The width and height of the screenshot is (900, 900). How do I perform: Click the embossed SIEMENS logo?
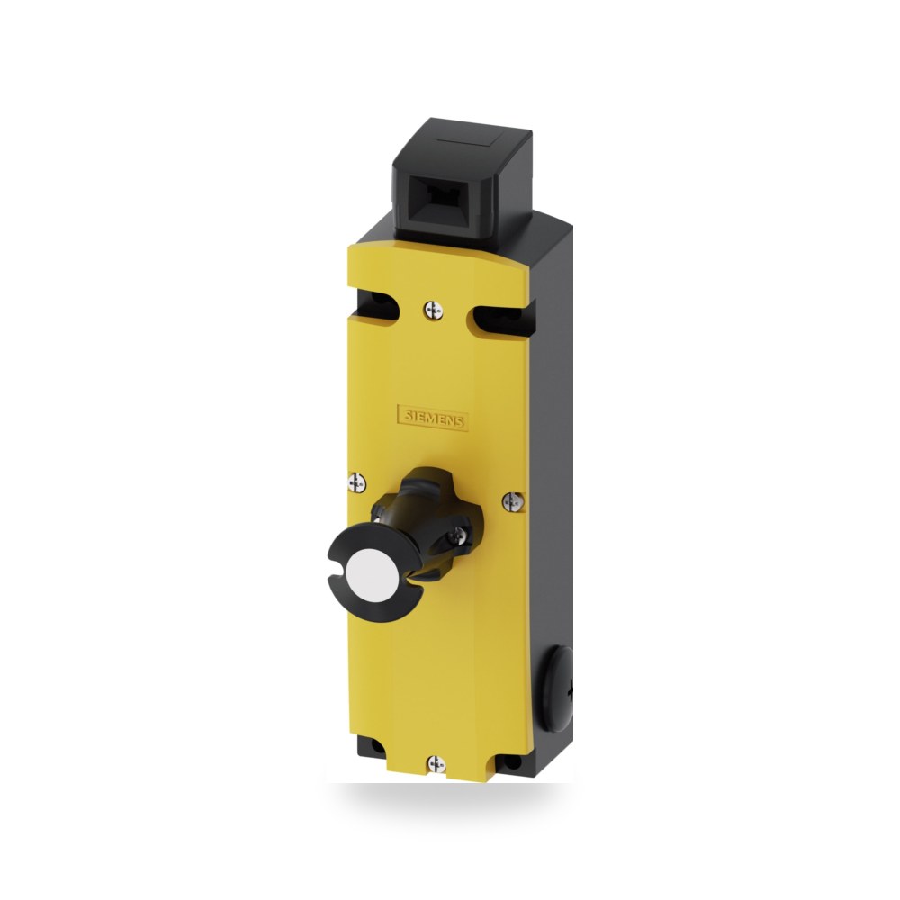[x=433, y=418]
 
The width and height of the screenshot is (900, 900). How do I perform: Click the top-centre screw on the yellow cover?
[x=434, y=310]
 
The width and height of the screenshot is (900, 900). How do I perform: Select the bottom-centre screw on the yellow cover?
[x=436, y=764]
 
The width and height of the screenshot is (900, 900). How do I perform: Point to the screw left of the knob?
[x=357, y=482]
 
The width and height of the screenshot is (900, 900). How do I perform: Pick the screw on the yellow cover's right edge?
[x=513, y=501]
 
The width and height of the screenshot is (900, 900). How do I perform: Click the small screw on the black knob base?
[x=459, y=535]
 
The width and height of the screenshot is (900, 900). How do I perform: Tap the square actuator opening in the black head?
[x=440, y=207]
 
